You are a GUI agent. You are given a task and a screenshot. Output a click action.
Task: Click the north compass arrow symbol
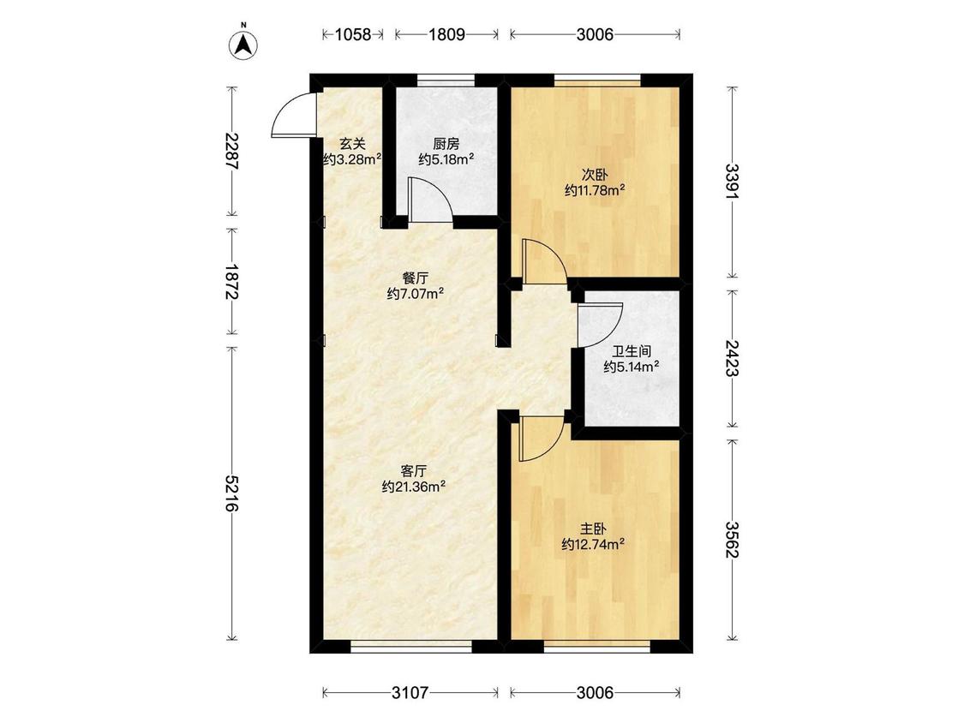coord(243,45)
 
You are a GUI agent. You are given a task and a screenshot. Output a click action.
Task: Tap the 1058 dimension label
coord(353,34)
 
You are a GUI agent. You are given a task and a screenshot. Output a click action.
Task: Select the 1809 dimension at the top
coord(446,34)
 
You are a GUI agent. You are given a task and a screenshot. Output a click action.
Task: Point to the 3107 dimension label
coord(410,693)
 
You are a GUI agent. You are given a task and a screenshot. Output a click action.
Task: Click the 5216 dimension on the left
coord(231,493)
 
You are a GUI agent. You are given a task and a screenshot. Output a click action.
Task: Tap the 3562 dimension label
coord(732,540)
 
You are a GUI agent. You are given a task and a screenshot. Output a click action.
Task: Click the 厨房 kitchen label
coord(446,145)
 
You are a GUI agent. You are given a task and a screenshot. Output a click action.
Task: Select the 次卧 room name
coord(595,175)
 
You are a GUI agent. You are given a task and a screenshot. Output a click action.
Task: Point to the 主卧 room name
coord(593,529)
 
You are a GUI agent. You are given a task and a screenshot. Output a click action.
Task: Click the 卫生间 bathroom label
coord(632,352)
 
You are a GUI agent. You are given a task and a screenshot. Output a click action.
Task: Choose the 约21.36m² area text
coord(414,487)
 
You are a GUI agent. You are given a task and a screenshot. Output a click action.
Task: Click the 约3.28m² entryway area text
coord(353,159)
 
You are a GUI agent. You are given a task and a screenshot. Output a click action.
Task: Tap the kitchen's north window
coord(446,80)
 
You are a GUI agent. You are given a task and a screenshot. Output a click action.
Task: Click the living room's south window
coord(410,646)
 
